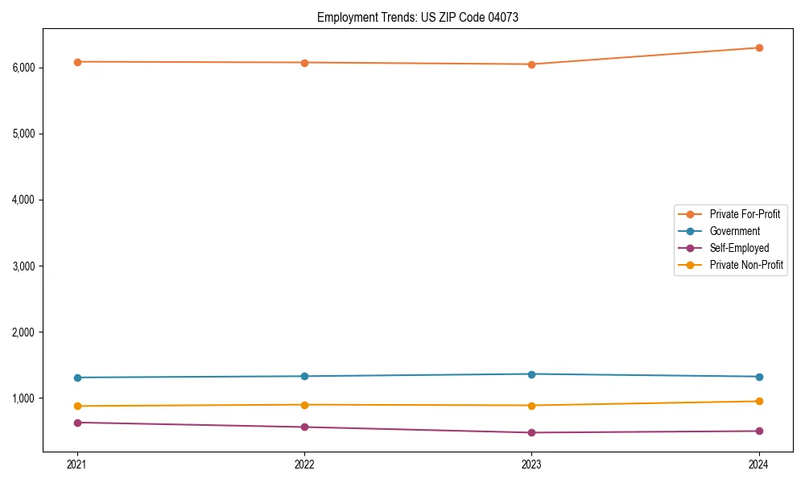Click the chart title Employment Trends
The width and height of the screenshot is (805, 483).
417,17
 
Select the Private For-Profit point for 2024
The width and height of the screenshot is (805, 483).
759,47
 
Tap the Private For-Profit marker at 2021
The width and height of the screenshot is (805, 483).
77,62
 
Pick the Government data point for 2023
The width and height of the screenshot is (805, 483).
531,374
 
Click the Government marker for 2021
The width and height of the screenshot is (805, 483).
77,378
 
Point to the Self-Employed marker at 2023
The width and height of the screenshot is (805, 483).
531,433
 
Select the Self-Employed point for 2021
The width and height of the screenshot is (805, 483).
77,423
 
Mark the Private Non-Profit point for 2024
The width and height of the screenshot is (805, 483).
759,401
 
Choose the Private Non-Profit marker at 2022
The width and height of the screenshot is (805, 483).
304,405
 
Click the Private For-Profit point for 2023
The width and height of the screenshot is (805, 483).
531,64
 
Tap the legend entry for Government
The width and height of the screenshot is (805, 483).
734,231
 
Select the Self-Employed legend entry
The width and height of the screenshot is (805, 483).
739,248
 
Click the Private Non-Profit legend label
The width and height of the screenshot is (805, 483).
746,265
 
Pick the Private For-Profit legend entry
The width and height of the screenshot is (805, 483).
745,214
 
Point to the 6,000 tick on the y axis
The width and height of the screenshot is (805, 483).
24,68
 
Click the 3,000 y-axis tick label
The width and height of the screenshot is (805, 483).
24,266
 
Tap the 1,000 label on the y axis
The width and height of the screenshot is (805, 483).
24,398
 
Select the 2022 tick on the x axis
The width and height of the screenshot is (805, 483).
304,464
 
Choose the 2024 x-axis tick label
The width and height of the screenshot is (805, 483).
759,464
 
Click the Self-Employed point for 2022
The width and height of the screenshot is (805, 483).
304,427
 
